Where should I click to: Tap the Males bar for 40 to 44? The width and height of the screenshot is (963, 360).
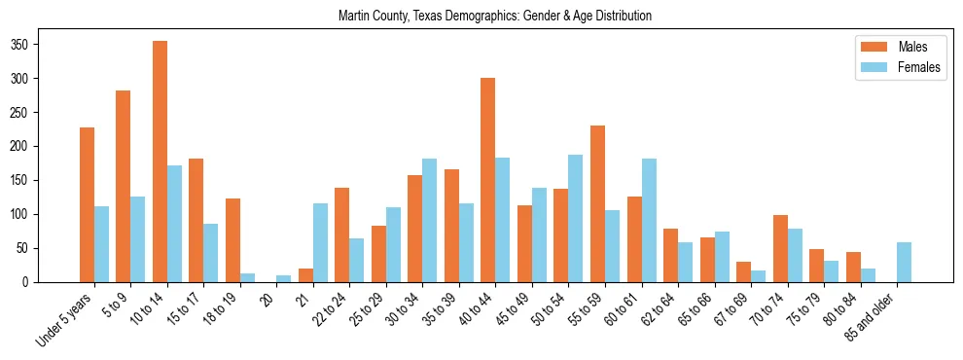tap(488, 180)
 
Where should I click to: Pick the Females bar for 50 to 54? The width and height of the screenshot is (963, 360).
tap(576, 219)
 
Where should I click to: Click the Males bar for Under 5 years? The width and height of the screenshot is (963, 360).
tap(87, 204)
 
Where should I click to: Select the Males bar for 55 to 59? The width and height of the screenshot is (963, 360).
tap(597, 204)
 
